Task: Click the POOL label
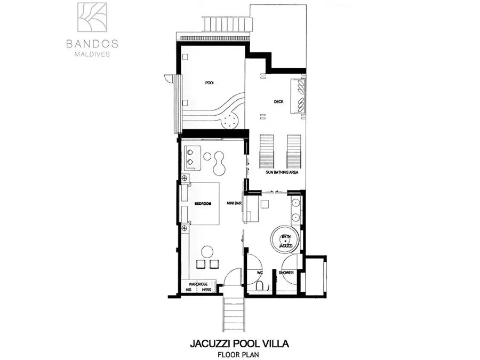pos(210,83)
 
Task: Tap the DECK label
pos(278,102)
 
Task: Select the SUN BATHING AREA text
pos(282,172)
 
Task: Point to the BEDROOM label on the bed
pos(203,204)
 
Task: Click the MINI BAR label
pos(234,203)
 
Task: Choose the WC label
pos(260,273)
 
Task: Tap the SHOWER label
pos(286,273)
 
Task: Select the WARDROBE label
pos(198,284)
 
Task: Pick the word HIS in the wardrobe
pos(189,290)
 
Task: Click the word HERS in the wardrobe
pos(206,290)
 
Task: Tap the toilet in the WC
pos(260,286)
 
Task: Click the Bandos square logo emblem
pos(92,17)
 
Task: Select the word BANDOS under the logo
pos(92,44)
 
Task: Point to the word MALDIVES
pos(92,54)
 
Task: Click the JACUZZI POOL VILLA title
pos(239,343)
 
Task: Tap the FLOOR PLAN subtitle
pos(238,355)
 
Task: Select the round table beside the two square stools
pos(207,252)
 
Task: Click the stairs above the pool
pos(227,24)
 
